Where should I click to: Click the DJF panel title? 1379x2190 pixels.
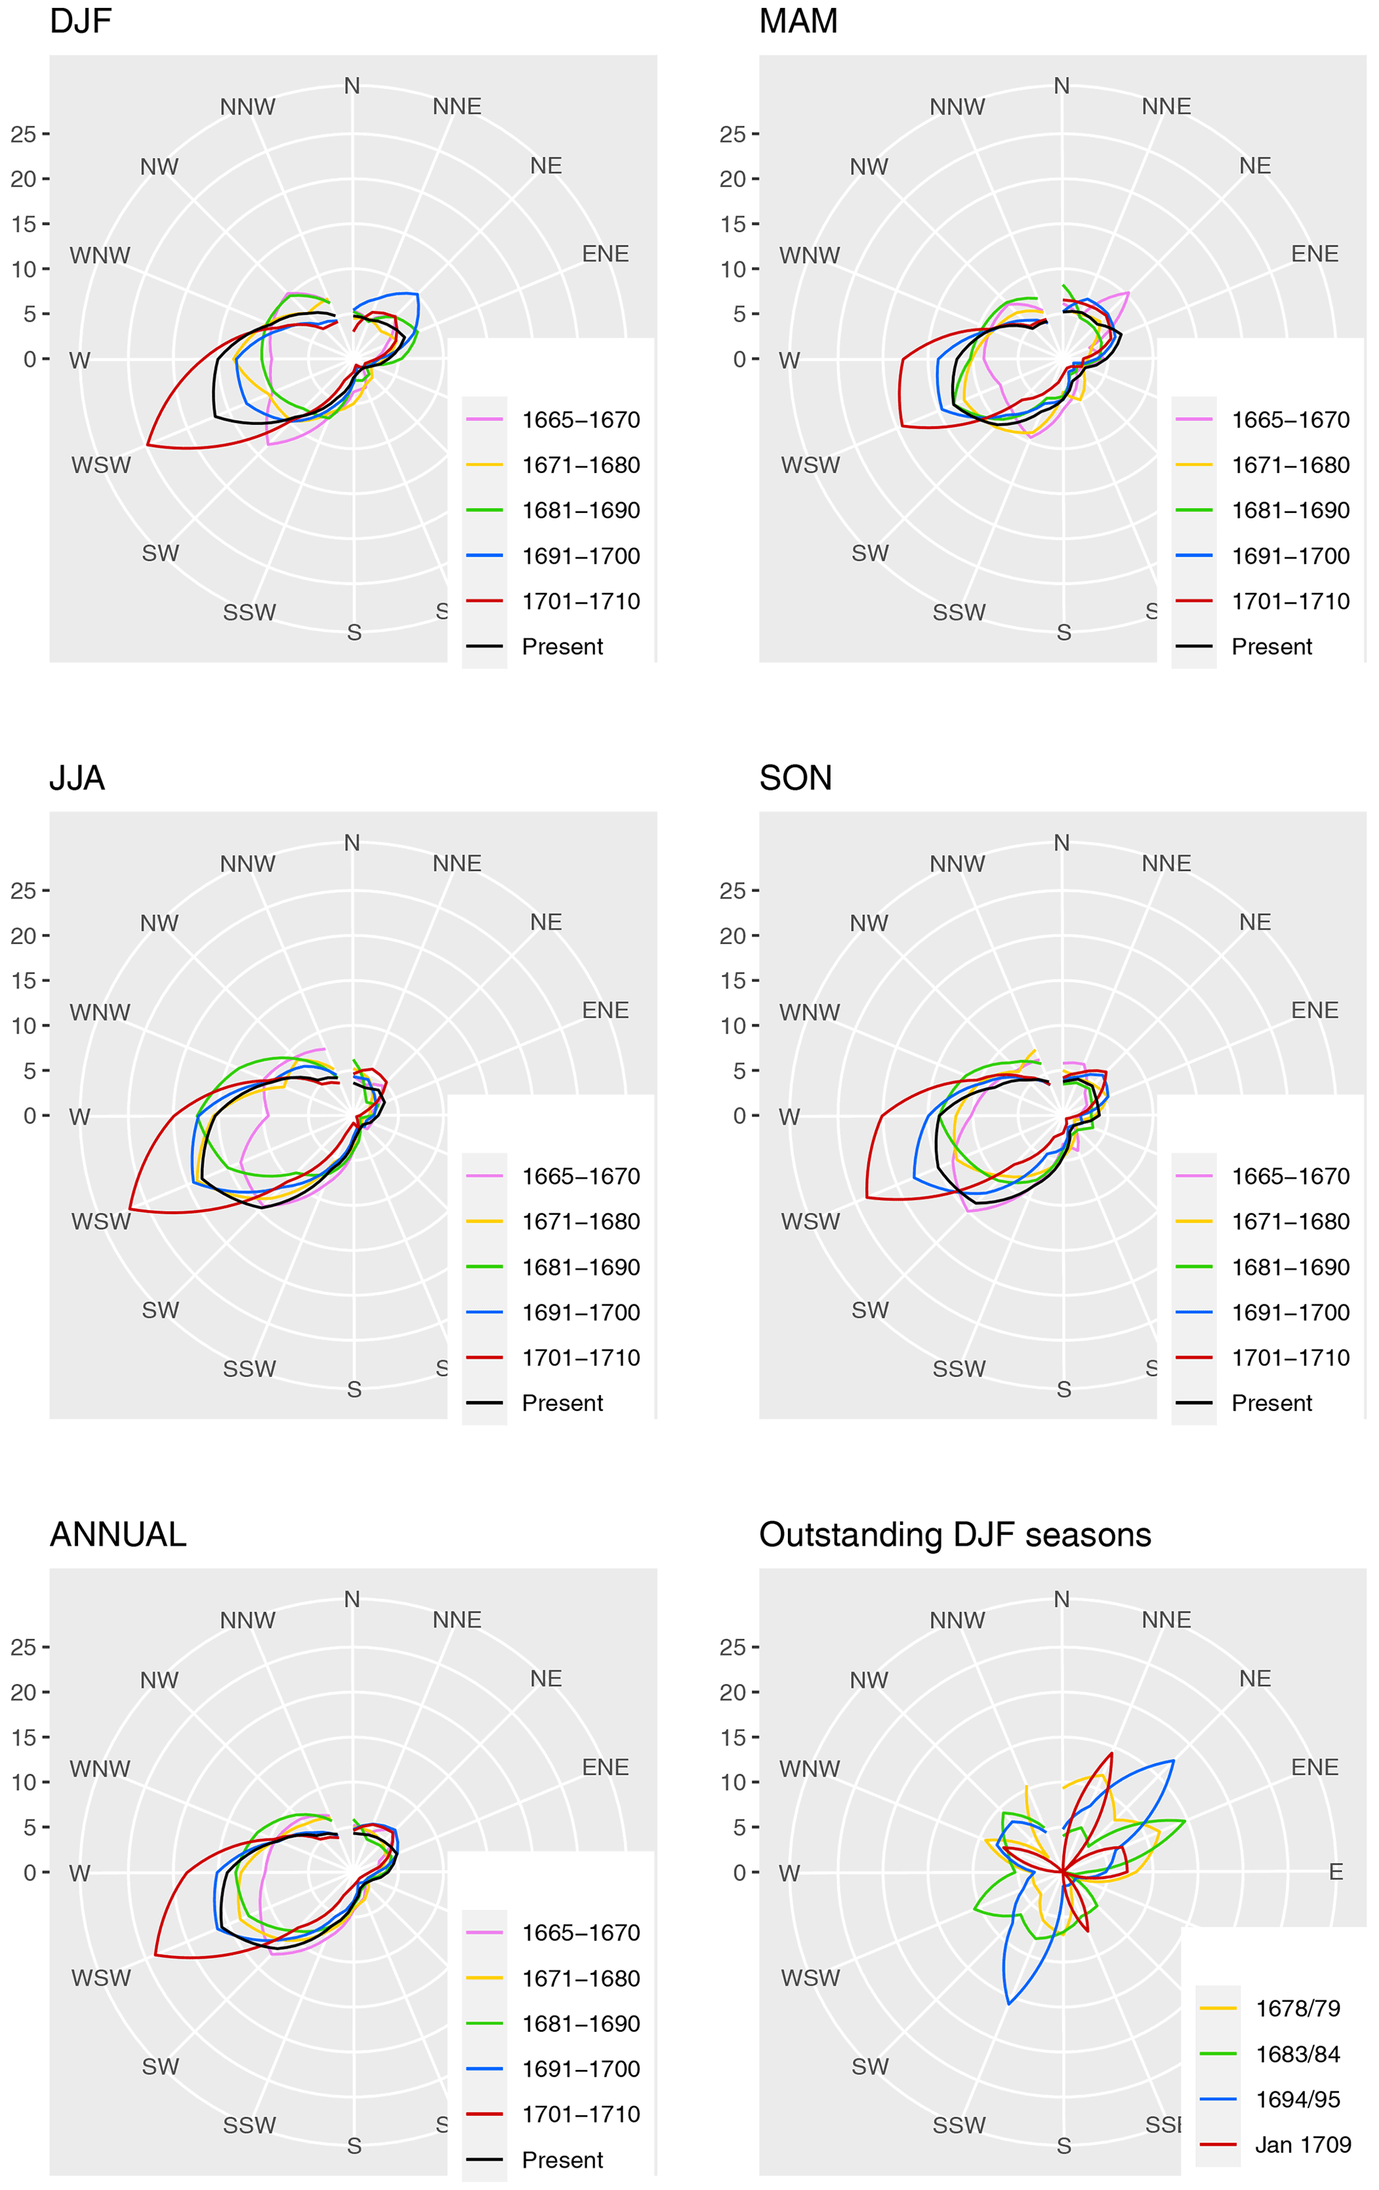[80, 20]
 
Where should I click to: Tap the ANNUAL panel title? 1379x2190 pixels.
[117, 1534]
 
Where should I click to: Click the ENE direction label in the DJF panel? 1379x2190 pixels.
[605, 253]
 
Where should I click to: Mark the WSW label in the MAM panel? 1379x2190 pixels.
[809, 465]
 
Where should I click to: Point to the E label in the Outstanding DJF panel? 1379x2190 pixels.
[1336, 1872]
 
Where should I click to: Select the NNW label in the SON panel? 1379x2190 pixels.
[957, 863]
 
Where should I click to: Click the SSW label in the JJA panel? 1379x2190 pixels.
[250, 1369]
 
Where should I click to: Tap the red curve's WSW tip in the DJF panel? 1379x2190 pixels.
[147, 445]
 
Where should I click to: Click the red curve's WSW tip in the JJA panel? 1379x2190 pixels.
[130, 1209]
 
